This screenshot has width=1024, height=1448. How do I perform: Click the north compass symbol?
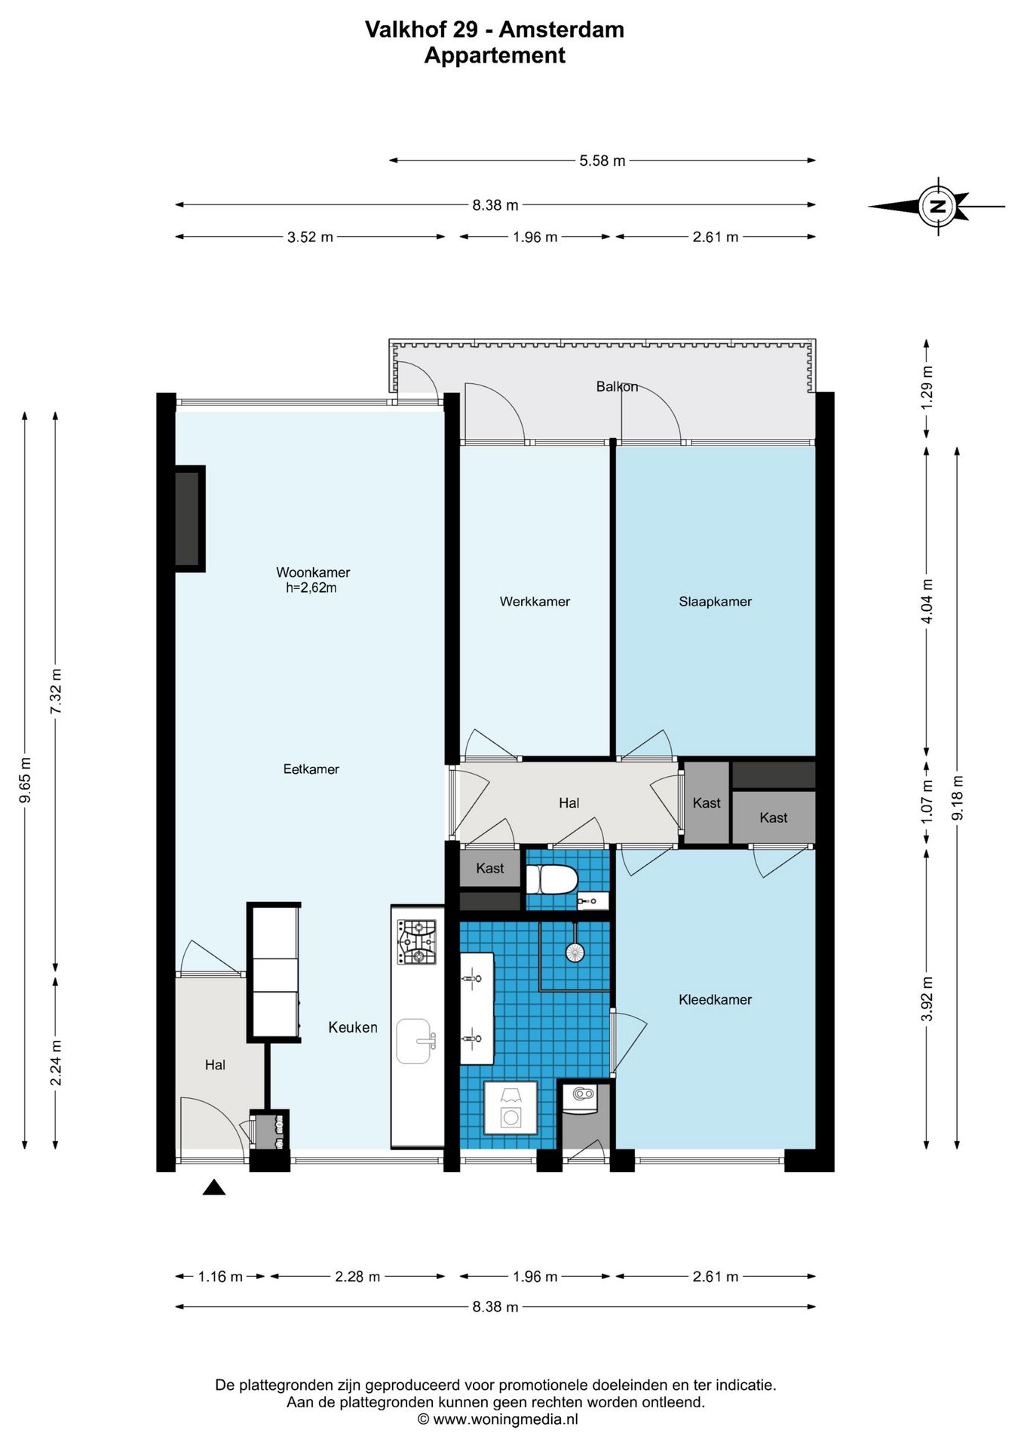tap(938, 206)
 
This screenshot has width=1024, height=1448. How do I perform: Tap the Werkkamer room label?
tap(535, 601)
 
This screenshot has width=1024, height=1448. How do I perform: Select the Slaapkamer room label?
tap(715, 601)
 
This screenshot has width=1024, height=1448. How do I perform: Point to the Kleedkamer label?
tap(715, 999)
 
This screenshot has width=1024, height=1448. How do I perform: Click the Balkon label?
tap(617, 386)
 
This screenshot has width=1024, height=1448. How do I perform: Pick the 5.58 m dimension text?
tap(602, 161)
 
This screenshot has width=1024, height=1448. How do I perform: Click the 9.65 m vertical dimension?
tap(25, 780)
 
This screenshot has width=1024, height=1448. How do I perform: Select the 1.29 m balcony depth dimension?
tap(927, 388)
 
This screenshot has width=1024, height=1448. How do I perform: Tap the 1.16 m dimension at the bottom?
tap(220, 1276)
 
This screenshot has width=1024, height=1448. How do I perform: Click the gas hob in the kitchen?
tap(417, 941)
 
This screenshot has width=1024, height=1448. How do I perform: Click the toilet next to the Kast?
tap(552, 879)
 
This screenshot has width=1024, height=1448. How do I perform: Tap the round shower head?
tap(575, 953)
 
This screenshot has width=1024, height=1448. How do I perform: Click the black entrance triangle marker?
tap(214, 1187)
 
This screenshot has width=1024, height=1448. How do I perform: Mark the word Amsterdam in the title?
tap(561, 29)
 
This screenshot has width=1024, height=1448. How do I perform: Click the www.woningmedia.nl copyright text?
tap(498, 1419)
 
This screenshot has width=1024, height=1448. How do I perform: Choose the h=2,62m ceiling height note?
tap(311, 587)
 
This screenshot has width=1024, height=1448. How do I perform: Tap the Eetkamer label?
tap(311, 769)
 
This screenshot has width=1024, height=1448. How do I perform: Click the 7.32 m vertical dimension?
tap(55, 692)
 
